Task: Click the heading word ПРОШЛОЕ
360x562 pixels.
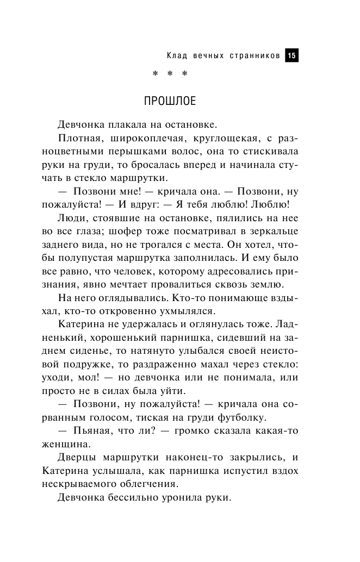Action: click(x=169, y=102)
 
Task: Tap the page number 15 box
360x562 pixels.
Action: click(x=292, y=55)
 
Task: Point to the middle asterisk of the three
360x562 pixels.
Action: click(x=170, y=74)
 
